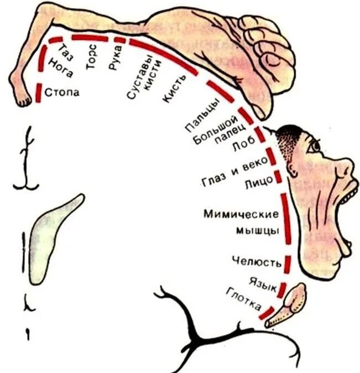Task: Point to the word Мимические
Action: coord(241,213)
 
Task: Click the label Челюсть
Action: coord(257,262)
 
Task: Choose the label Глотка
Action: coord(243,300)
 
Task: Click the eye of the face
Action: coord(314,146)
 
